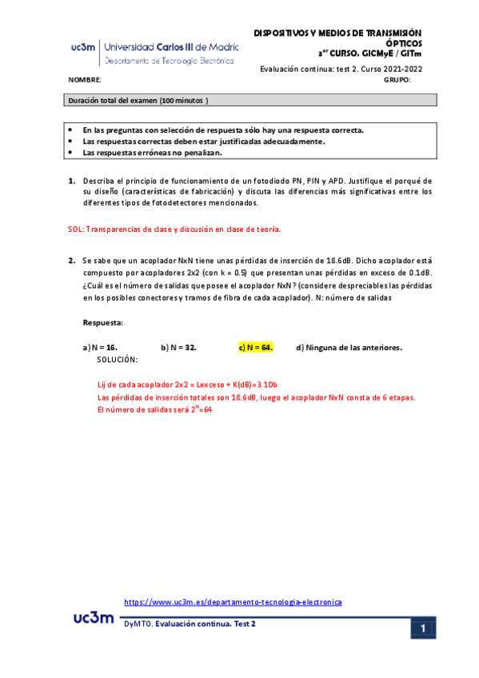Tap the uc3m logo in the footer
pyautogui.click(x=94, y=618)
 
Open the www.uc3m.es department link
pyautogui.click(x=234, y=602)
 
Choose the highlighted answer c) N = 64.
pyautogui.click(x=256, y=347)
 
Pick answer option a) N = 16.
pyautogui.click(x=100, y=347)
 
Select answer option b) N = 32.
pyautogui.click(x=178, y=347)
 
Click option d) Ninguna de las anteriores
pyautogui.click(x=349, y=347)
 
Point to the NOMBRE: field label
pyautogui.click(x=85, y=81)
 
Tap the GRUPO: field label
pyautogui.click(x=397, y=81)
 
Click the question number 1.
pyautogui.click(x=71, y=181)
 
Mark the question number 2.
pyautogui.click(x=71, y=260)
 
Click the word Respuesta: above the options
pyautogui.click(x=103, y=322)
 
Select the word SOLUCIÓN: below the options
pyautogui.click(x=117, y=360)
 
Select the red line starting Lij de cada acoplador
pyautogui.click(x=192, y=384)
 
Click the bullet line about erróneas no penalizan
pyautogui.click(x=153, y=152)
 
